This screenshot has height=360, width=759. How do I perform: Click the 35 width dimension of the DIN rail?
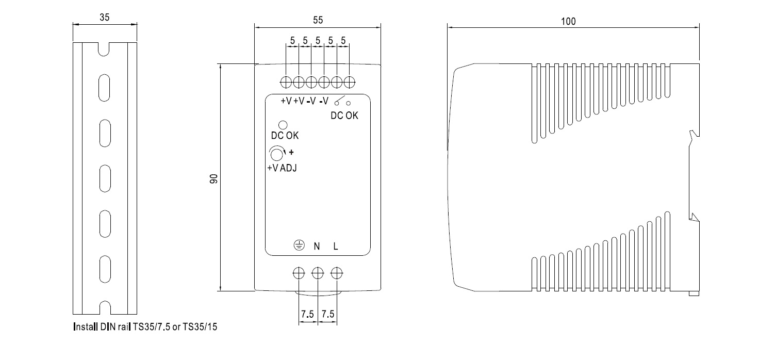pos(104,18)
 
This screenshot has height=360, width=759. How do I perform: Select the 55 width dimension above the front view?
pos(318,20)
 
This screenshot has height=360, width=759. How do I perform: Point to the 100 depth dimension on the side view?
pos(568,21)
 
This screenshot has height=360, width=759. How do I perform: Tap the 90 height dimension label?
pos(213,178)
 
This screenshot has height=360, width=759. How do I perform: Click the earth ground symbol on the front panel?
pos(299,245)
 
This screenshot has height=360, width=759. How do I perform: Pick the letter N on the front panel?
pos(317,247)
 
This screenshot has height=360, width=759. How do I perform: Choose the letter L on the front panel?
pos(336,247)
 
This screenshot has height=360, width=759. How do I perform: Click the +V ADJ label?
pos(282,168)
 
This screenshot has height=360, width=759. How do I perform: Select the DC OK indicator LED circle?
pos(283,125)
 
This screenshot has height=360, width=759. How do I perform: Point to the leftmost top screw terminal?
pos(286,82)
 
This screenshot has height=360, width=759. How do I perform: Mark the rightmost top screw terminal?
pos(350,82)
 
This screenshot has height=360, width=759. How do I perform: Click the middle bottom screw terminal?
pos(318,273)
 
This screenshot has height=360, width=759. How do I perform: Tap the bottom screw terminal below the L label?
pos(337,273)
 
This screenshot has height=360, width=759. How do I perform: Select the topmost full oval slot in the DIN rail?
pos(104,88)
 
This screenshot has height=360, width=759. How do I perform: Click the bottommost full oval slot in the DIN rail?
pos(105,270)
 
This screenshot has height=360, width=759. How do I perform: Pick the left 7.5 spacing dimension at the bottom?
pos(307,314)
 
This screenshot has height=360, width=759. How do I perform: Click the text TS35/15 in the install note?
pos(200,327)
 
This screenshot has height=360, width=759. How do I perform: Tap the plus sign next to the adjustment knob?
pos(291,152)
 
